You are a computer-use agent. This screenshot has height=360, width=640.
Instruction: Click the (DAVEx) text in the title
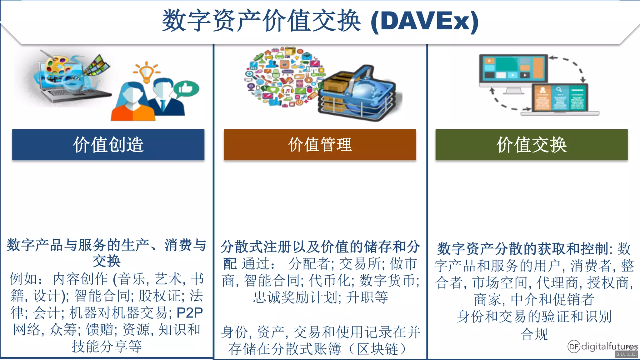pos(424,21)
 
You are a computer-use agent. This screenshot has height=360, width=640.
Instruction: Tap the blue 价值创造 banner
pos(108,145)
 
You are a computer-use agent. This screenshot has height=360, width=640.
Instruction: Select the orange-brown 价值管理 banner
pos(320,145)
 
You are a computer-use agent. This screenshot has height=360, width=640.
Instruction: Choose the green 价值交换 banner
pos(531,145)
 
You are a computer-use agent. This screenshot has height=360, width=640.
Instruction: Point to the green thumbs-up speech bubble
pos(187,89)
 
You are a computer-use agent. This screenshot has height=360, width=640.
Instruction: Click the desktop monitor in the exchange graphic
pos(513,69)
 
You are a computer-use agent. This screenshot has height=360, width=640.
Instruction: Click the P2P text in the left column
pos(190,313)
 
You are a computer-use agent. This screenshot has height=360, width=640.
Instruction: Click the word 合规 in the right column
pos(534,334)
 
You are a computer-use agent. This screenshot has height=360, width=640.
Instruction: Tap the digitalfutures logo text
pos(609,346)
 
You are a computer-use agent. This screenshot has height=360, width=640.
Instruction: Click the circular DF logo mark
pos(574,346)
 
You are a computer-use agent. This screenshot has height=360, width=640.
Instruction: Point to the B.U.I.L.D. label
pos(626,354)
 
